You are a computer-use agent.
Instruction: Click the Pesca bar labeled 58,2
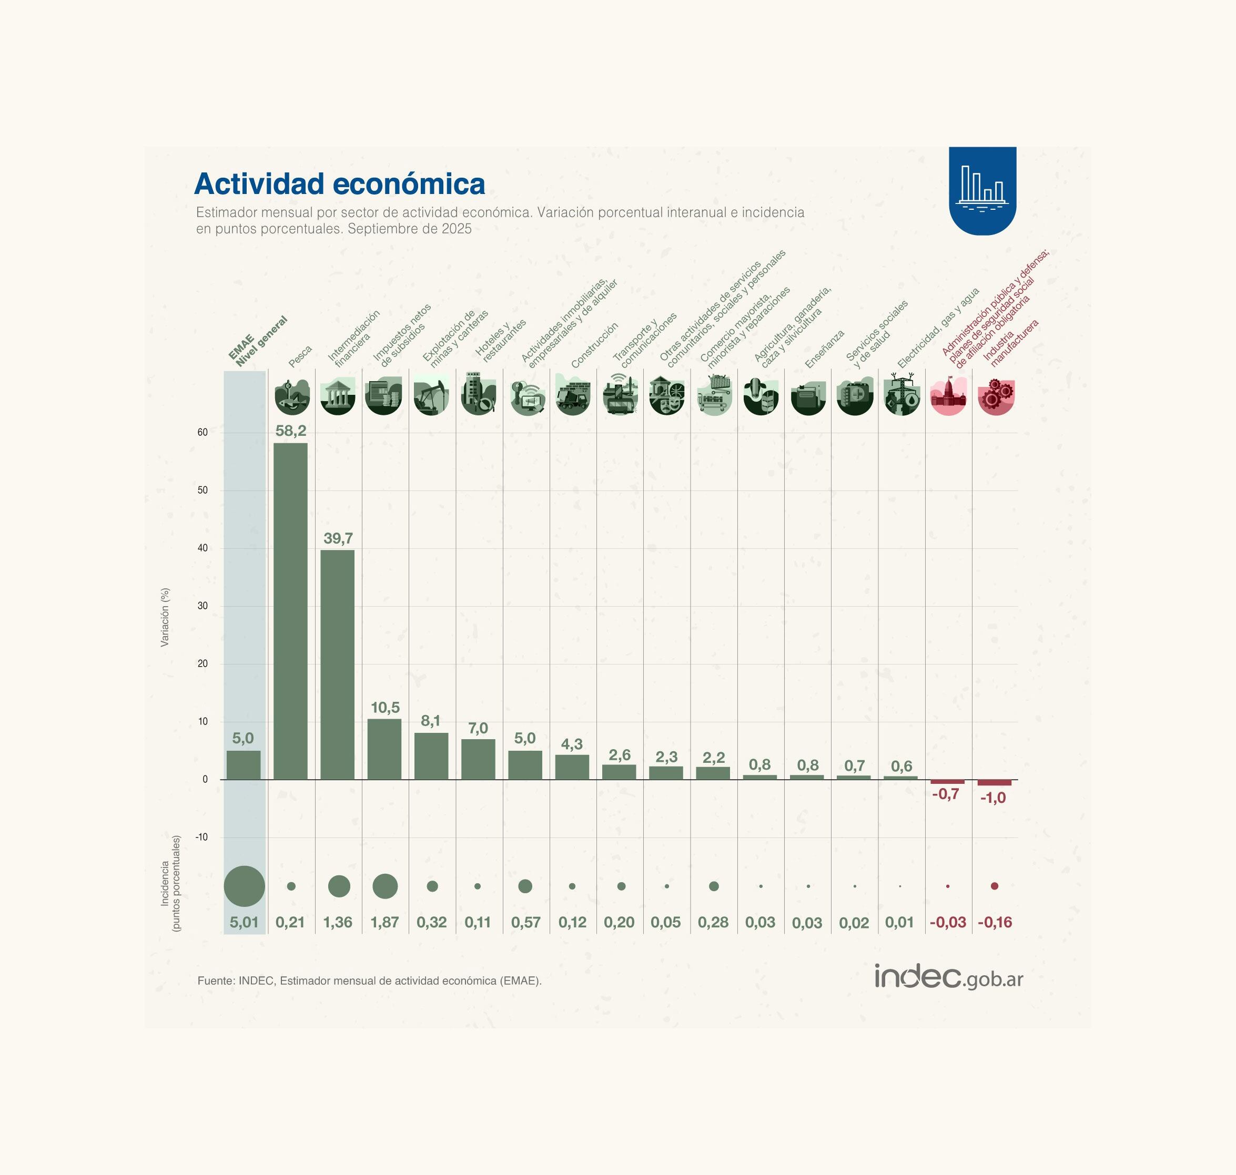[x=291, y=611]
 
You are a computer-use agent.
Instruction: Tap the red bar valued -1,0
[x=994, y=783]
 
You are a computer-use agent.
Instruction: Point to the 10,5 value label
[x=384, y=708]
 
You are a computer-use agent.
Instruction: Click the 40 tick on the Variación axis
[x=202, y=548]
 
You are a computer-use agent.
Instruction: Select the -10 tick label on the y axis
[x=201, y=837]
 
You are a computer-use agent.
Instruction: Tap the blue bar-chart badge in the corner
[x=981, y=190]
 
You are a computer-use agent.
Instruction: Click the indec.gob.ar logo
[x=948, y=976]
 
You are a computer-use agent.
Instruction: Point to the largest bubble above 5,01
[x=245, y=886]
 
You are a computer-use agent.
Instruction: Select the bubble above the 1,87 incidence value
[x=384, y=886]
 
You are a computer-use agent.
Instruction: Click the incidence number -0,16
[x=994, y=923]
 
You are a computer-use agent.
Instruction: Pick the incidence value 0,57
[x=525, y=923]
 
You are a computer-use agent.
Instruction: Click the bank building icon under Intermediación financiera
[x=338, y=396]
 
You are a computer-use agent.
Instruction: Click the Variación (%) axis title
[x=165, y=617]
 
